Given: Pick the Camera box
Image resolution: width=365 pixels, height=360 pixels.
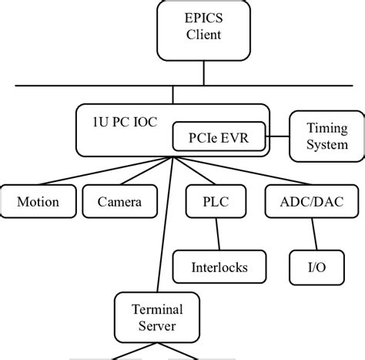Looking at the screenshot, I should [x=119, y=202].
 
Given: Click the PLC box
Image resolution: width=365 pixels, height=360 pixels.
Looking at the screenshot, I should [x=204, y=202].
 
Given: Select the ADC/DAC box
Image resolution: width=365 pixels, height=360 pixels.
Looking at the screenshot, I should [x=300, y=202].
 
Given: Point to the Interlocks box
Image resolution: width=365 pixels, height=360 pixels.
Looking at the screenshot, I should [x=219, y=267].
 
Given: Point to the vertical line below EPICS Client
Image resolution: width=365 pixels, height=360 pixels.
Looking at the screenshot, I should [x=204, y=73].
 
